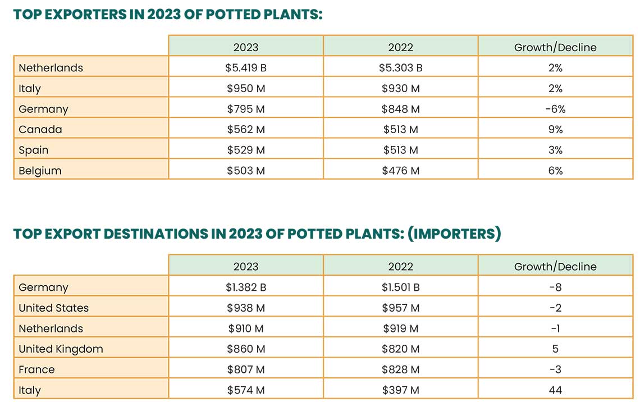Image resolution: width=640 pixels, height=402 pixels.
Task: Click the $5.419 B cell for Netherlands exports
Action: click(x=246, y=68)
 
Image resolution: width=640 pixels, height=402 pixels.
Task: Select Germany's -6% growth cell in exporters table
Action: click(x=555, y=109)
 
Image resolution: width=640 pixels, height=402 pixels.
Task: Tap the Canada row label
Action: click(x=40, y=130)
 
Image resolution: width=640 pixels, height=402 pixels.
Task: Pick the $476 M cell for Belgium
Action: click(x=400, y=171)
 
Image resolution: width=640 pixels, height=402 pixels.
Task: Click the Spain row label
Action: click(x=34, y=150)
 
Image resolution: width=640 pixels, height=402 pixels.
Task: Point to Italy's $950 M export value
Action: click(x=246, y=89)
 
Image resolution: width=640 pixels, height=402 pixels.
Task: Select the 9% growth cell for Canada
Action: click(x=555, y=130)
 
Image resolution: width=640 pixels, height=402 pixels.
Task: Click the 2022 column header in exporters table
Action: click(x=400, y=47)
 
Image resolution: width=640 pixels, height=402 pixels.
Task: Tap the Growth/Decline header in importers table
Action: click(x=555, y=267)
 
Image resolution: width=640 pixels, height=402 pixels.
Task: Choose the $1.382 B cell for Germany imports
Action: click(x=246, y=287)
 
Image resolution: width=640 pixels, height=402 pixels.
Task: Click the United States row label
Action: click(x=53, y=308)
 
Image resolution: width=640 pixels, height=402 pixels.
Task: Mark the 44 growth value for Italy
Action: click(x=555, y=390)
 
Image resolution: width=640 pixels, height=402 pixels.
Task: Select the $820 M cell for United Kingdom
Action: click(x=400, y=349)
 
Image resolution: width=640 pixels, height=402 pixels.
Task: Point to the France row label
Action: click(x=36, y=369)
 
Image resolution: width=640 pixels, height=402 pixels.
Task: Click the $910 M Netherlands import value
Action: click(x=246, y=328)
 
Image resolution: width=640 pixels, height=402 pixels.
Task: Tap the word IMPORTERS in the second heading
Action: click(x=453, y=234)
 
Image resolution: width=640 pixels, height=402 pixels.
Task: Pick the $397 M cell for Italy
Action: click(x=400, y=390)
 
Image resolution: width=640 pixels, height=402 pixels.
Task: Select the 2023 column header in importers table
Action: click(x=246, y=267)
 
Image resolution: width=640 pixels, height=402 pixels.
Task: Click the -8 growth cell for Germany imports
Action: click(x=555, y=287)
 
